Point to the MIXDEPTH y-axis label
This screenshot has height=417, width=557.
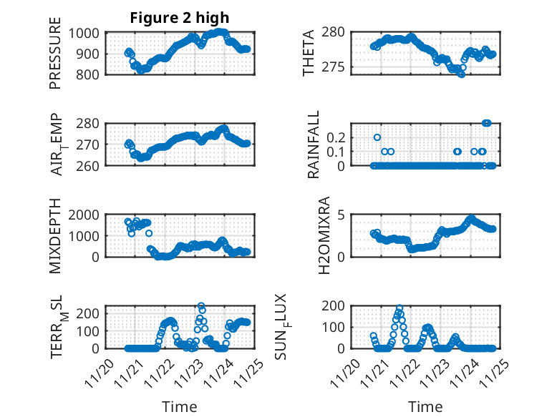(55, 236)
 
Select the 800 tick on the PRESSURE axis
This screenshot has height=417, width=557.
(92, 74)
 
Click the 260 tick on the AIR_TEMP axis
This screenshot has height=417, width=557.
(92, 165)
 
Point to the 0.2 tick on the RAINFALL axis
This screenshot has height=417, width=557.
(336, 137)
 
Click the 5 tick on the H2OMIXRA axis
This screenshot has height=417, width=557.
(342, 215)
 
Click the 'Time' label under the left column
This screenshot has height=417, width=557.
(180, 406)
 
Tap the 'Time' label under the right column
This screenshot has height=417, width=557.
(425, 406)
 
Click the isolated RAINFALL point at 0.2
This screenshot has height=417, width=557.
(377, 137)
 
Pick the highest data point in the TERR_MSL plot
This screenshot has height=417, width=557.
(201, 306)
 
